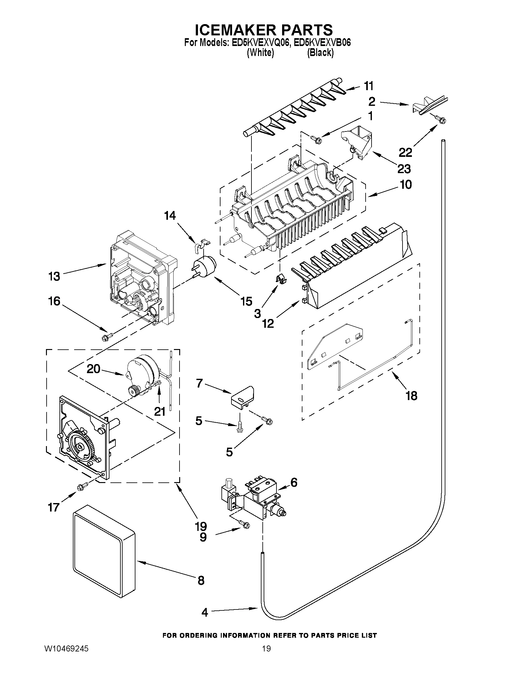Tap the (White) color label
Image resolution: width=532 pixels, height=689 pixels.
coord(260,53)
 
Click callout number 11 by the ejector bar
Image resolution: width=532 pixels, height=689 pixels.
coord(368,86)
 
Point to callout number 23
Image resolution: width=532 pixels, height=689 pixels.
coord(404,169)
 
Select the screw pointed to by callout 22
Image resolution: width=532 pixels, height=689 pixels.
coord(440,119)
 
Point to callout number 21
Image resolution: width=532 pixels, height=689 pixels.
coord(160,411)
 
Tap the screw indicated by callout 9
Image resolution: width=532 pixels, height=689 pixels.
coord(246,525)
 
